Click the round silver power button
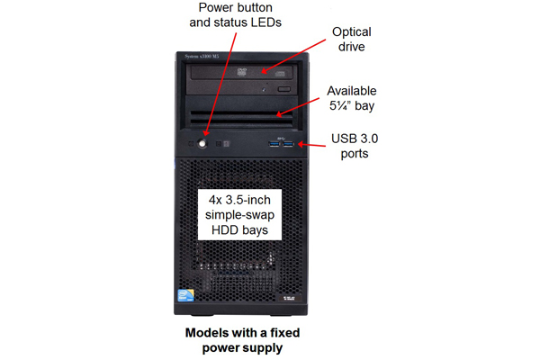point(202,143)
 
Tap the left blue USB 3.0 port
point(274,143)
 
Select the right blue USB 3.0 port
point(289,143)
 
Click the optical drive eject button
point(283,89)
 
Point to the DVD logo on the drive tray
point(242,72)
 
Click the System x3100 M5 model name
point(202,57)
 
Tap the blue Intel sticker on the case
point(185,295)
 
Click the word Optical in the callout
point(352,32)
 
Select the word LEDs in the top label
point(265,22)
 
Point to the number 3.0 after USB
point(367,139)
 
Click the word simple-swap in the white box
point(239,215)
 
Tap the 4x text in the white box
point(216,200)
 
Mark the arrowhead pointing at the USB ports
point(301,144)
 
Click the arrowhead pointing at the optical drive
point(265,70)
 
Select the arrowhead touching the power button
point(206,132)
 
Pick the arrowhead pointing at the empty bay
point(280,113)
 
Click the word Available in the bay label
point(352,91)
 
